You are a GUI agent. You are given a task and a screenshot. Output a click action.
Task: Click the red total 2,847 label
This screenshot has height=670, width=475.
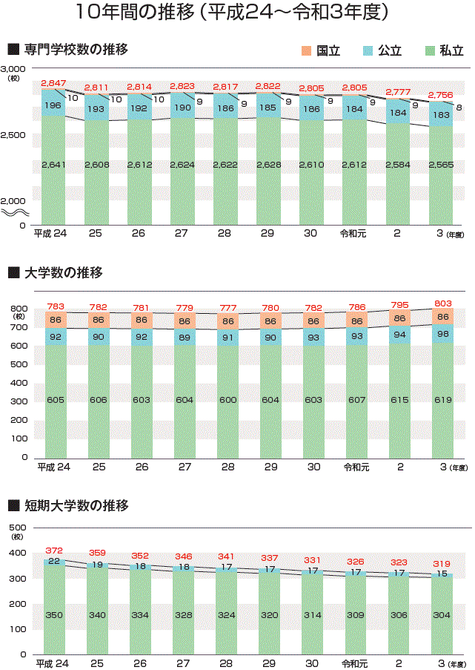tap(54, 83)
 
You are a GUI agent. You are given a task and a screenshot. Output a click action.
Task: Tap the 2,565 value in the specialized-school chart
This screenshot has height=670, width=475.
tap(442, 165)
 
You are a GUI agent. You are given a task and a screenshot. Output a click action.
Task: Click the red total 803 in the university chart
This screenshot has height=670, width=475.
tap(442, 303)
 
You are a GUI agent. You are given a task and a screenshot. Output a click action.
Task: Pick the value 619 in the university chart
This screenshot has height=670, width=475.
tap(442, 400)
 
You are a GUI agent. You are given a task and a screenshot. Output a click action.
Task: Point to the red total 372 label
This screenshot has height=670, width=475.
tap(54, 551)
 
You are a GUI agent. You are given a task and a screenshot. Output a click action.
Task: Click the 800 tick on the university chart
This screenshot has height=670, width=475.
tap(19, 309)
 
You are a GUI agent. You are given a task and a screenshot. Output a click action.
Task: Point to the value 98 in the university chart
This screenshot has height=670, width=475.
tap(442, 334)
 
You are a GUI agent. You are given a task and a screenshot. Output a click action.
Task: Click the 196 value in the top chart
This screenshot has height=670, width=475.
tap(53, 106)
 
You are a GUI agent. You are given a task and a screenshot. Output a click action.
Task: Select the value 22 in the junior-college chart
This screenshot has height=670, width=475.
tap(54, 562)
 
